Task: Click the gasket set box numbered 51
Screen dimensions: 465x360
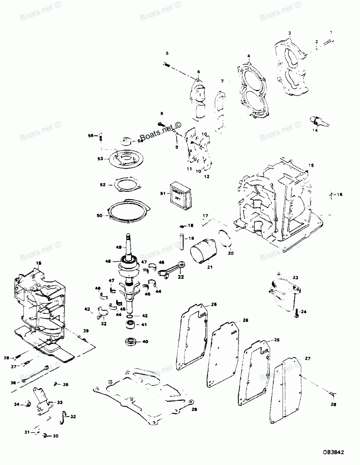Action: pyautogui.click(x=181, y=194)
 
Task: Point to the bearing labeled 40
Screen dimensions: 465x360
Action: pyautogui.click(x=131, y=341)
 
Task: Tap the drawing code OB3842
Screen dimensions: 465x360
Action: pyautogui.click(x=333, y=450)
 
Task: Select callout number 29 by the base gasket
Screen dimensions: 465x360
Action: pyautogui.click(x=194, y=410)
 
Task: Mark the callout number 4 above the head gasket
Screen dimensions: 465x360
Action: pyautogui.click(x=248, y=56)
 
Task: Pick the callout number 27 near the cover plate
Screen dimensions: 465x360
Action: pyautogui.click(x=308, y=358)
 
